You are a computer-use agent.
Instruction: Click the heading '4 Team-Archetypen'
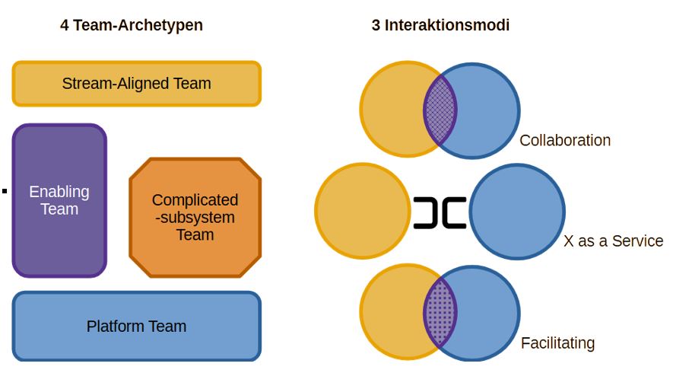(x=132, y=25)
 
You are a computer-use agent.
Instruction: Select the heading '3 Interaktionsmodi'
(x=440, y=25)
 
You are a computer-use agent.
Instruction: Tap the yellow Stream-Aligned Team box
(x=137, y=84)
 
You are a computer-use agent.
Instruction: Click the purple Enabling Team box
(x=59, y=200)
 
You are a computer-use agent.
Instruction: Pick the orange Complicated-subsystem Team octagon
(x=195, y=218)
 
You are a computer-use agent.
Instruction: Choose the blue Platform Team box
(x=137, y=327)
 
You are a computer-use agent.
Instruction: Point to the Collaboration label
(x=565, y=141)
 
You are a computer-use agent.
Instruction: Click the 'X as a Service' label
(x=613, y=241)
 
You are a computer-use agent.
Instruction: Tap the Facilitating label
(x=557, y=343)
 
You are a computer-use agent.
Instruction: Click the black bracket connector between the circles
(x=440, y=212)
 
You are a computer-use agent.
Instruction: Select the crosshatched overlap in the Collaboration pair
(x=440, y=109)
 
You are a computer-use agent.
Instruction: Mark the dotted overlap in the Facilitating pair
(x=440, y=311)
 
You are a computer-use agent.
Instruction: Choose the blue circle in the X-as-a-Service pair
(x=517, y=211)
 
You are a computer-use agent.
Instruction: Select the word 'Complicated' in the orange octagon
(x=195, y=200)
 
